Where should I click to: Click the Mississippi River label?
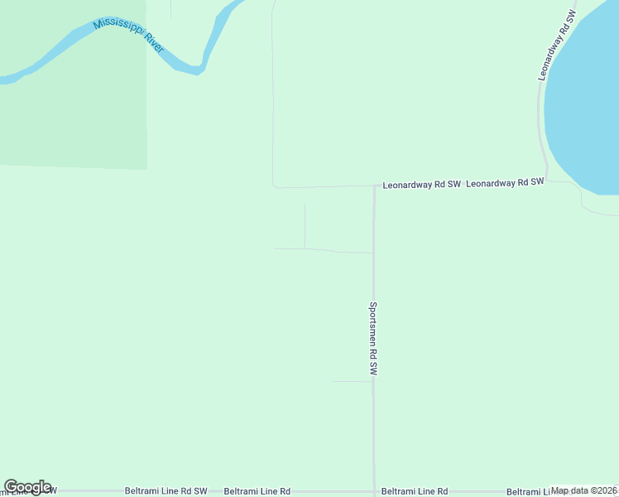pos(129,35)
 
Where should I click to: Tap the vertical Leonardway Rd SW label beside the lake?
pos(555,45)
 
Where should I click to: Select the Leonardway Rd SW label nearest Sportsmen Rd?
pos(421,185)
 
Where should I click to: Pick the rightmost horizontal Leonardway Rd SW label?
pos(505,182)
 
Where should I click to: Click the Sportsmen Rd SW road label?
pos(373,340)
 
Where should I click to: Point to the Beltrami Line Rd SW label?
pos(166,490)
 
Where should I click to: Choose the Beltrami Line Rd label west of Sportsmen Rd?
pos(257,491)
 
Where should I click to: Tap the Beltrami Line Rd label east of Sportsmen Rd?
pos(415,491)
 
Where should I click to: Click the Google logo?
pos(27,487)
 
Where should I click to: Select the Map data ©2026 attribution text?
pos(584,490)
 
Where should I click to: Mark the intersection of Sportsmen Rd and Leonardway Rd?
pos(374,186)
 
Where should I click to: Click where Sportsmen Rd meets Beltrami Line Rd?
pos(374,491)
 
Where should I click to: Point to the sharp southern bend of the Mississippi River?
pos(197,71)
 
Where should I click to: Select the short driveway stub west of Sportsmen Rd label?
pos(352,382)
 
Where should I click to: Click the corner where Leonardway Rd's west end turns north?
pos(274,186)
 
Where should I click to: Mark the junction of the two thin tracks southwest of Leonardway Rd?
pos(305,248)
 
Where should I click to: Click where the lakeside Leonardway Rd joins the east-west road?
pos(547,181)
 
